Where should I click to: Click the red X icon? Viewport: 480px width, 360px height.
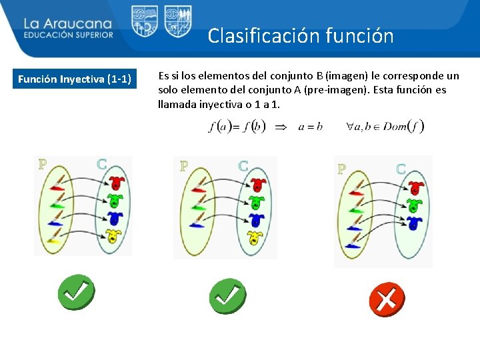click(386, 299)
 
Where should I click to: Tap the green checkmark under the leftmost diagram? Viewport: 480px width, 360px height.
click(75, 292)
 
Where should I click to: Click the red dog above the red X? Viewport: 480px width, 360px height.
click(416, 188)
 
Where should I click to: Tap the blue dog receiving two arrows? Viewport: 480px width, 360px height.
click(415, 223)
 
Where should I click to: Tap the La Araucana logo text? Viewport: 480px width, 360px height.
click(68, 24)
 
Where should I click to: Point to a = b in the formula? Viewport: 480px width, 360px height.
click(310, 126)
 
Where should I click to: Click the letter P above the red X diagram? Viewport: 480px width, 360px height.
click(341, 169)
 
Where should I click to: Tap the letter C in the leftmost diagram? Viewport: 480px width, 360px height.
click(102, 163)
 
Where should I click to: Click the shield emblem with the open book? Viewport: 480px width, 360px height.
click(144, 21)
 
